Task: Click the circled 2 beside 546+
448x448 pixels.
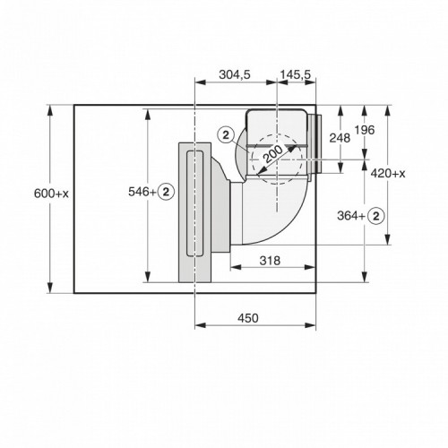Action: (x=167, y=192)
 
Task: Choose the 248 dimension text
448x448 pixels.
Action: (x=339, y=137)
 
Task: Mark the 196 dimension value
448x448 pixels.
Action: (x=364, y=132)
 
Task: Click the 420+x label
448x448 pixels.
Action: (x=388, y=173)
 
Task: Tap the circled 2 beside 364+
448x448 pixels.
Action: (x=377, y=215)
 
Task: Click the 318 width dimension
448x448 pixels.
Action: (x=271, y=261)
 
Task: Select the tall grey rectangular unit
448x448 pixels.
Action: (x=194, y=210)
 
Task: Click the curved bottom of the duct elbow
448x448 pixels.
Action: (x=273, y=233)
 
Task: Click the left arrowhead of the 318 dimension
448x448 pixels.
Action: (x=233, y=268)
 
